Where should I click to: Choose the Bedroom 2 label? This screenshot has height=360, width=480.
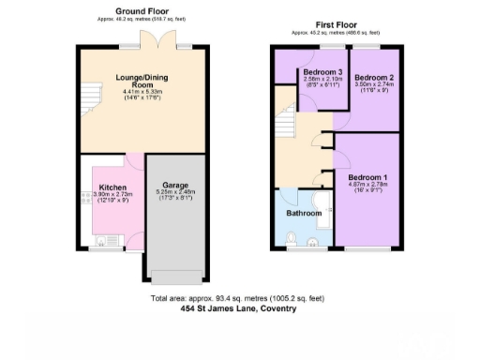point(372,77)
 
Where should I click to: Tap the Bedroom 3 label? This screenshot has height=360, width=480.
point(315,72)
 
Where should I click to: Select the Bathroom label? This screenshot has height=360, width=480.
point(305,213)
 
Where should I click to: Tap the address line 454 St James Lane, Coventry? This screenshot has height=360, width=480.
point(238,307)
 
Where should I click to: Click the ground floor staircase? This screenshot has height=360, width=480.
point(90,94)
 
